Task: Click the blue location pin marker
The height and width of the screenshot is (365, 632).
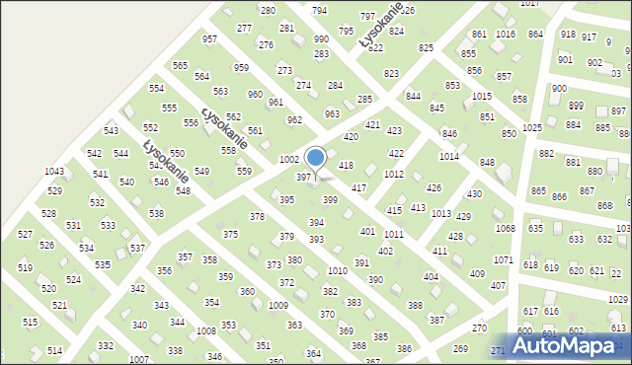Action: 315,158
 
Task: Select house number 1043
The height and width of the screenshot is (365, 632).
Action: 54,172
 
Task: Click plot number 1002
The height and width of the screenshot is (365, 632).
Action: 289,159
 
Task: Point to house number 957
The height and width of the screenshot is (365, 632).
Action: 209,39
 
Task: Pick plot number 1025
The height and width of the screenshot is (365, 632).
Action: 532,128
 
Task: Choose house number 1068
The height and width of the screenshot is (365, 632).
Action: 505,229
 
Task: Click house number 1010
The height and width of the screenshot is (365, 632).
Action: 338,270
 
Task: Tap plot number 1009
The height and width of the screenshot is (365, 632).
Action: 278,306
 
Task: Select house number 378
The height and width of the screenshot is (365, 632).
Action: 257,216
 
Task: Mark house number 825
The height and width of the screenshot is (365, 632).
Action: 427,47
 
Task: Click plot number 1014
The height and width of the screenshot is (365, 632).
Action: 448,156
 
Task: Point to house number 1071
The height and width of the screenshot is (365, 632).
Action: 504,260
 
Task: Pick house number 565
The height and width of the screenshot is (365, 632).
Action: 180,65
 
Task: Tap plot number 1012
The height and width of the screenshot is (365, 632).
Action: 394,174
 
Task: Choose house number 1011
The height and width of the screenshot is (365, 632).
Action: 394,234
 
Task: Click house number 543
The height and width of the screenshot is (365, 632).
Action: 112,131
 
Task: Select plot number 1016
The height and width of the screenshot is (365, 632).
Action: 506,35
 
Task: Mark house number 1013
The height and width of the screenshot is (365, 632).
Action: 441,213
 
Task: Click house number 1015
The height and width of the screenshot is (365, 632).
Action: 482,96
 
